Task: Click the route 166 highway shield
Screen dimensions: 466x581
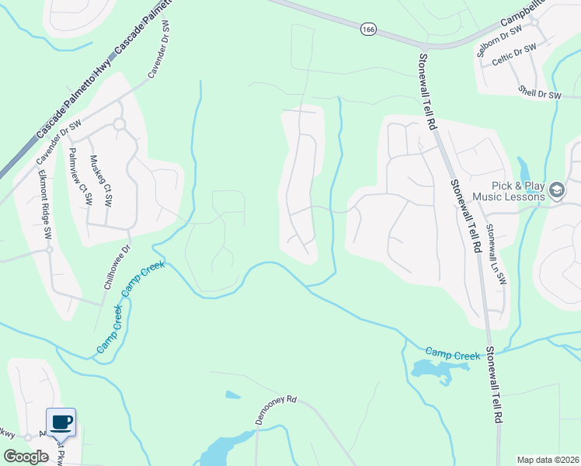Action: tap(367, 29)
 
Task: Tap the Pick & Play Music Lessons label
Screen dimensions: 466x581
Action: tap(508, 190)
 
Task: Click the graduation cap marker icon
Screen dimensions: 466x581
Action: tap(556, 190)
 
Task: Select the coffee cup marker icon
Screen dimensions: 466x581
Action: tap(61, 423)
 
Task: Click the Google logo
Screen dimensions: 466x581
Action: tap(26, 456)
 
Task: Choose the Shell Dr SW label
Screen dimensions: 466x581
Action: tap(540, 94)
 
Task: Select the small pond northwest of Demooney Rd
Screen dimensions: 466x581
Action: tap(233, 395)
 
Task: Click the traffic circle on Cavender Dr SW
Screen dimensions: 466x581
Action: tap(119, 124)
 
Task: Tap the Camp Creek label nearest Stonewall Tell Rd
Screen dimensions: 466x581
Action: tap(454, 354)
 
